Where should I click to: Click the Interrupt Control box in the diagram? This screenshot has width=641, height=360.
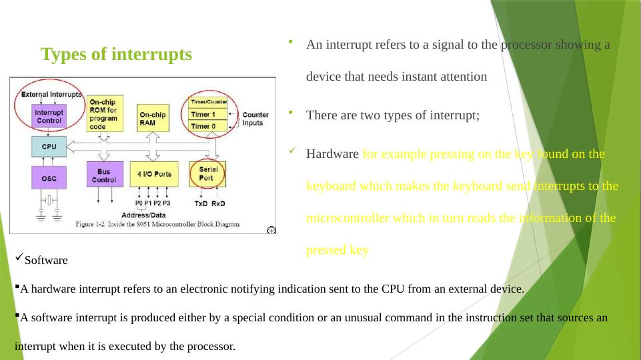(x=49, y=117)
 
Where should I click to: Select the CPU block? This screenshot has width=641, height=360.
(x=49, y=145)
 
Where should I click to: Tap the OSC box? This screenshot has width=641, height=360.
(x=49, y=177)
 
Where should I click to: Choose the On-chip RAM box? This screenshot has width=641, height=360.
(x=153, y=118)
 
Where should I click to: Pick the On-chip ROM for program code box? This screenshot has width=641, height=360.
(x=104, y=113)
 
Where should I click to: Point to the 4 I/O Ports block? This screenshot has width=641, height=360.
(x=154, y=174)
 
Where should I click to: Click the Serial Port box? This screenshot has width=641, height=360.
(x=208, y=174)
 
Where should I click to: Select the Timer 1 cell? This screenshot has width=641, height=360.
(x=209, y=115)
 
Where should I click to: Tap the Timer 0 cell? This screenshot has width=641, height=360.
(x=209, y=126)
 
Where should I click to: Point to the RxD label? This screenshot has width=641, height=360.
(x=218, y=203)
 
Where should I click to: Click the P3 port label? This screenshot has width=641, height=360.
(x=166, y=203)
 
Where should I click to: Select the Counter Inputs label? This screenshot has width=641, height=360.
(x=255, y=119)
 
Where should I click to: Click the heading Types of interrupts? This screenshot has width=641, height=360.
(x=116, y=54)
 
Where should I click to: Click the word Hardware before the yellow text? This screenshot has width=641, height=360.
(x=332, y=154)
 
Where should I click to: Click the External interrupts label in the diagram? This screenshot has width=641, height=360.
(x=51, y=95)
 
